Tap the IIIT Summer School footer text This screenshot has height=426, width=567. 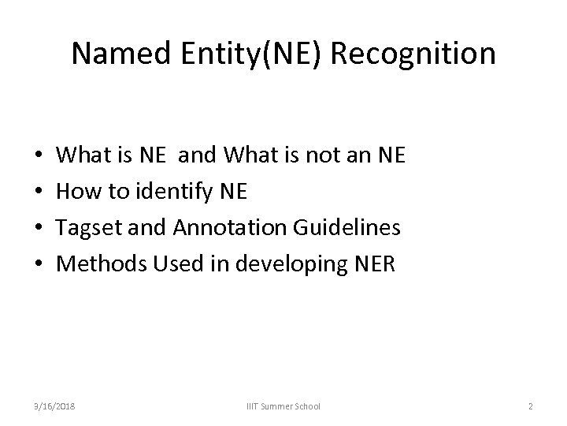pyautogui.click(x=283, y=406)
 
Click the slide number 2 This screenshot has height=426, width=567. pyautogui.click(x=530, y=406)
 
